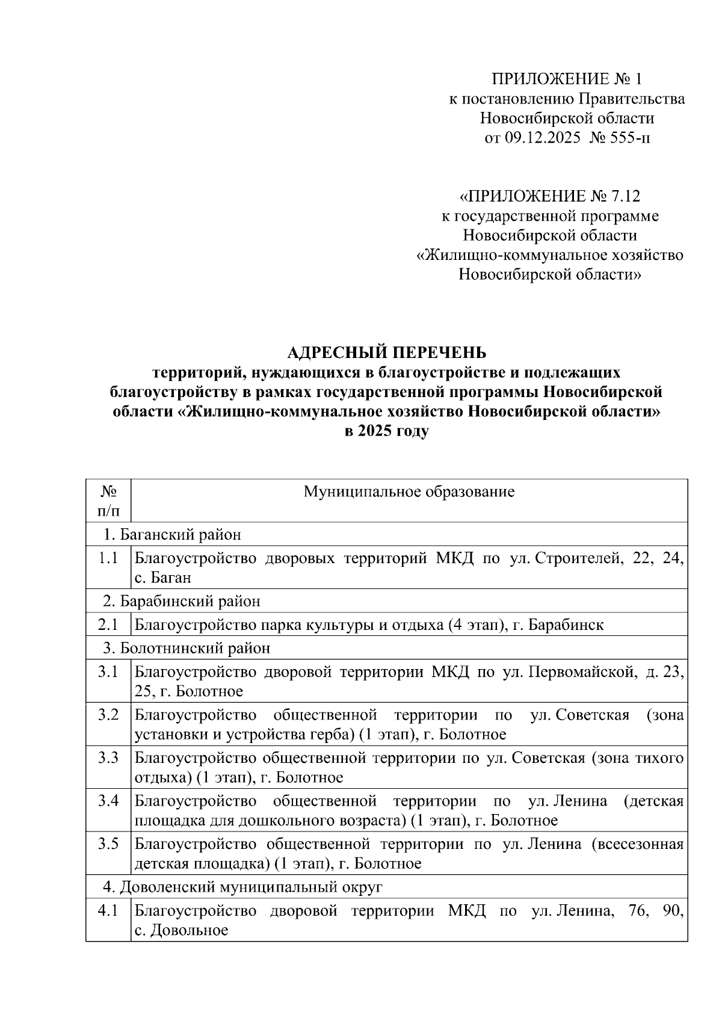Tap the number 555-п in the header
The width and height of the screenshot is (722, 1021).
pyautogui.click(x=629, y=138)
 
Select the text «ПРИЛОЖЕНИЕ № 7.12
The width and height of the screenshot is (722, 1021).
pyautogui.click(x=549, y=196)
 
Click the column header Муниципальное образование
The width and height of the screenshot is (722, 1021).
pyautogui.click(x=409, y=492)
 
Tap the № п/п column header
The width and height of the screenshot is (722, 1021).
pyautogui.click(x=108, y=501)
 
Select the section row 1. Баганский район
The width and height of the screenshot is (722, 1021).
pyautogui.click(x=172, y=534)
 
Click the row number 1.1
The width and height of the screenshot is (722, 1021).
pyautogui.click(x=108, y=558)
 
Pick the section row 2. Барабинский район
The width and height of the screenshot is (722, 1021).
pyautogui.click(x=182, y=601)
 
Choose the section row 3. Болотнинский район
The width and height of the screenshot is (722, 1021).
pyautogui.click(x=187, y=648)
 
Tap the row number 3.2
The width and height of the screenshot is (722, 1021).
pyautogui.click(x=108, y=715)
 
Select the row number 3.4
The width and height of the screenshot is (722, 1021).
pyautogui.click(x=108, y=801)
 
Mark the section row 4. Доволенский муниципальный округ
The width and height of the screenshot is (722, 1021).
pyautogui.click(x=242, y=887)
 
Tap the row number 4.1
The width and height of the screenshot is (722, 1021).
pyautogui.click(x=108, y=911)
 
